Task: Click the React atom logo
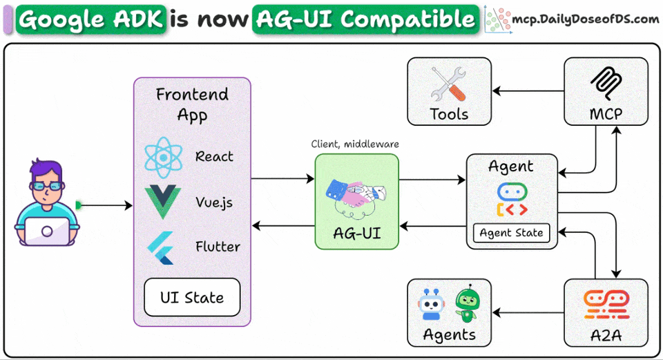tap(163, 157)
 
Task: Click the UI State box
tap(192, 298)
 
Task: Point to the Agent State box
tap(511, 233)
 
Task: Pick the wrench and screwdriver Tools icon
tap(449, 84)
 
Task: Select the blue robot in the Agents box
tap(430, 306)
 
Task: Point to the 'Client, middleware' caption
tap(356, 144)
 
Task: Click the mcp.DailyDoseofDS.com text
tap(585, 19)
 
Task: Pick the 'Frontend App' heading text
tap(192, 104)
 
